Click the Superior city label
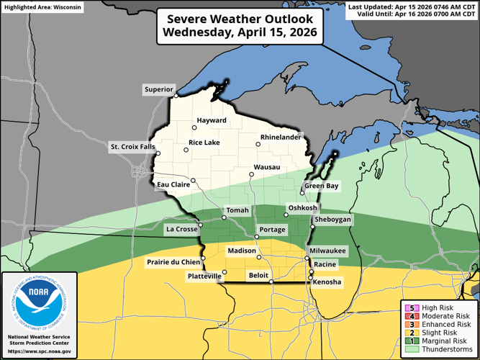point(158,90)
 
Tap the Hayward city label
point(211,120)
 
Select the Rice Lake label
point(204,143)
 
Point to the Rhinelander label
point(280,136)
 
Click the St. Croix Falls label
point(132,147)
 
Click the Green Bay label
point(321,186)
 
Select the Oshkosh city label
point(302,208)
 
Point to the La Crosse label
point(181,230)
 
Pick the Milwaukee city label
point(327,251)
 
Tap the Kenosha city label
point(328,282)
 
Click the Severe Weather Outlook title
point(240,26)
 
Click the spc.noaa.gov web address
point(40,351)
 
